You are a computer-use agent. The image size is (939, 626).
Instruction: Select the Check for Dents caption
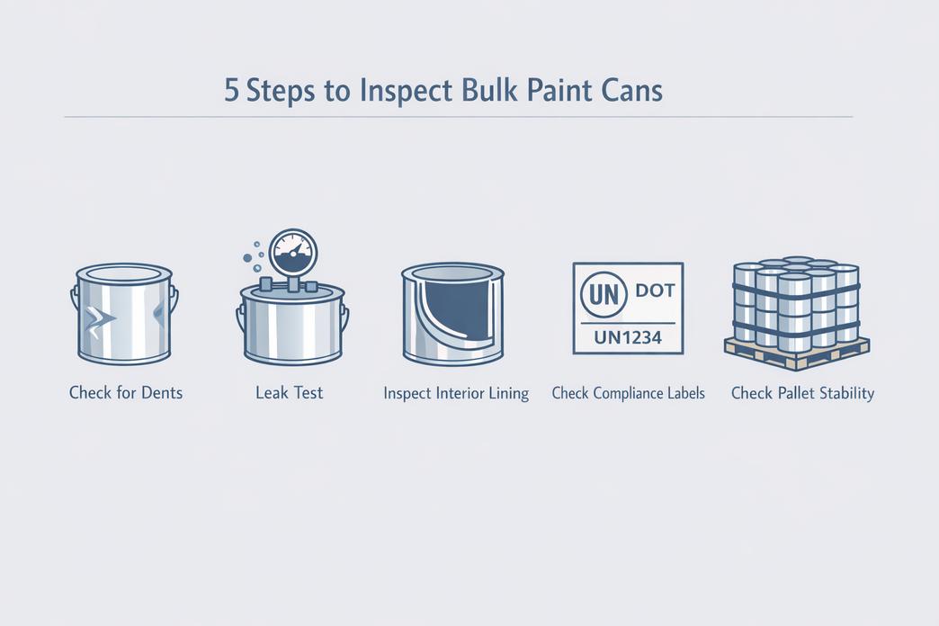tap(126, 393)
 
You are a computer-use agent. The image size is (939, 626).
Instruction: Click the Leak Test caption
tap(290, 393)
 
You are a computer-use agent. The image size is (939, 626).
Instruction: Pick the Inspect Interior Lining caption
tap(456, 394)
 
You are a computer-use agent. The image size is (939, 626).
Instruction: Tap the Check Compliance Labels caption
tap(628, 394)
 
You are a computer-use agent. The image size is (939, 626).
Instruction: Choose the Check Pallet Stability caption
tap(802, 394)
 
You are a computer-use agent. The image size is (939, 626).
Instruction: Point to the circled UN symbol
tap(604, 294)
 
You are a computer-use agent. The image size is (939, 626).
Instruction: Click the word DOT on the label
tap(655, 291)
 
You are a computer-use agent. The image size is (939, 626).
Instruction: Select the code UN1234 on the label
tap(628, 338)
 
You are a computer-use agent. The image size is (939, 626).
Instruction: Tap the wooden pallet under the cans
tap(797, 353)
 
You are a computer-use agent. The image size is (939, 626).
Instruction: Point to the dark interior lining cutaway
tap(457, 309)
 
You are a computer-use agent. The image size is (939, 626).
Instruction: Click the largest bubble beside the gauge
tap(247, 258)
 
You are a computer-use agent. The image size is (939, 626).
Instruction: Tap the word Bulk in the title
tap(489, 91)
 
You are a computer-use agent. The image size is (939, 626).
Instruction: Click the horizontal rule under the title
tap(458, 117)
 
